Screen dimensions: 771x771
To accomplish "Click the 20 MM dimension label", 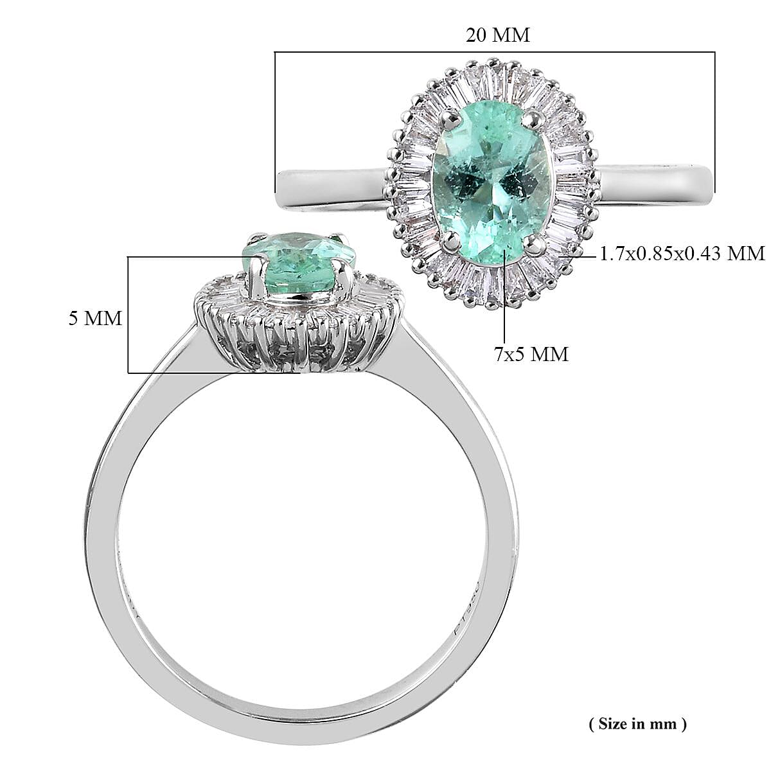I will (x=497, y=35).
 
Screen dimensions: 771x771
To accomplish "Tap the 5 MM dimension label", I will (x=95, y=318).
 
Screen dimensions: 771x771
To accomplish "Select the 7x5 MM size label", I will (x=531, y=353).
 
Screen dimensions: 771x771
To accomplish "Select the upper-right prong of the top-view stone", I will (x=535, y=118).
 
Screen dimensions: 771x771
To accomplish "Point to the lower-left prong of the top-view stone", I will (x=454, y=240).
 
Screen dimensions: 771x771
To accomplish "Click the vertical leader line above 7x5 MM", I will (x=505, y=302).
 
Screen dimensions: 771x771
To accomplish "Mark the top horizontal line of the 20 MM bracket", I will (x=495, y=52).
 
